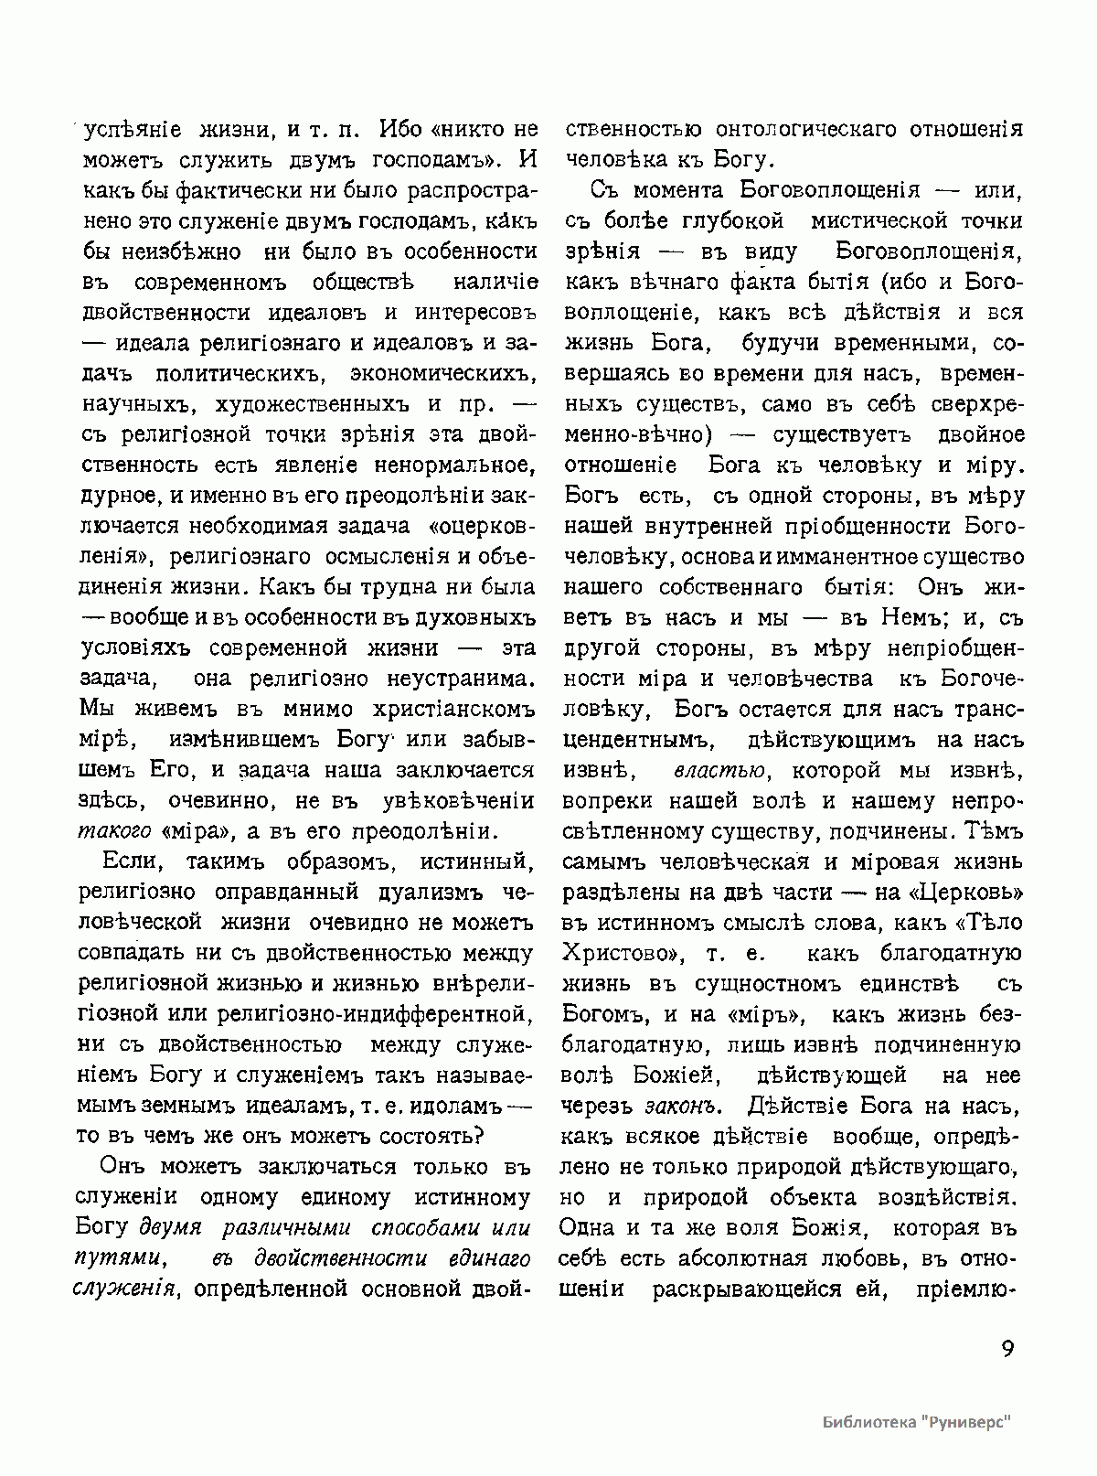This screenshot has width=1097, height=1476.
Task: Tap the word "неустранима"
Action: tap(453, 679)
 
